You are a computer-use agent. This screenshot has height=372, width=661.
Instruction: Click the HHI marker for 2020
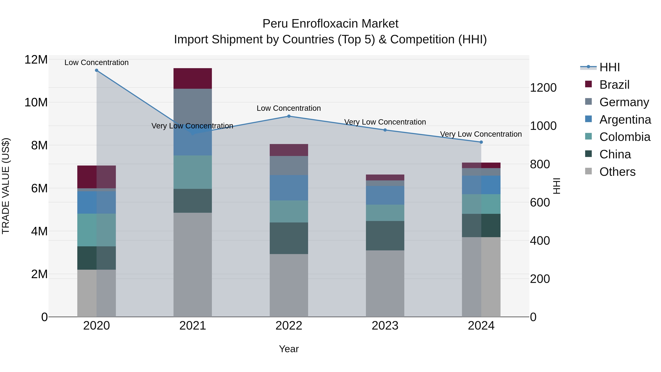click(x=96, y=70)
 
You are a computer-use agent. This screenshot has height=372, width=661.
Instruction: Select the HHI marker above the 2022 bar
click(x=289, y=116)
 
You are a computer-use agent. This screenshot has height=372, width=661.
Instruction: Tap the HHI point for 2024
click(x=481, y=142)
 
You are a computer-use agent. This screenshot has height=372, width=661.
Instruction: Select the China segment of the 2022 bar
click(x=289, y=238)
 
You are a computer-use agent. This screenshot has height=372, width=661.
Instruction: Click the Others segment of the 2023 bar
click(x=385, y=284)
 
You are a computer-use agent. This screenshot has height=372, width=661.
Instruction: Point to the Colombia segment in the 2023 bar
click(x=385, y=213)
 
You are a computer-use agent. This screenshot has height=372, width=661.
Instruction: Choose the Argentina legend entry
click(x=625, y=120)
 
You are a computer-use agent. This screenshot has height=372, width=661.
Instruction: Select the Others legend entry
click(x=617, y=172)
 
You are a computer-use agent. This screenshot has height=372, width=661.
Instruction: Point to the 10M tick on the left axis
click(x=36, y=103)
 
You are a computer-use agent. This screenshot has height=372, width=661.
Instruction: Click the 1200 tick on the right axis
click(x=543, y=88)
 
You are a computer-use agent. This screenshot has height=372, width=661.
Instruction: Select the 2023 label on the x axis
click(x=385, y=326)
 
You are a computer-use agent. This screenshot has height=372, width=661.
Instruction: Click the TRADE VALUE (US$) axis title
click(x=6, y=186)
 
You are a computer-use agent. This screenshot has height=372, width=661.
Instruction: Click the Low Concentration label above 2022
click(x=289, y=108)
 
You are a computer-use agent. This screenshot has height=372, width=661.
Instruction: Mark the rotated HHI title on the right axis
click(x=556, y=186)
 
